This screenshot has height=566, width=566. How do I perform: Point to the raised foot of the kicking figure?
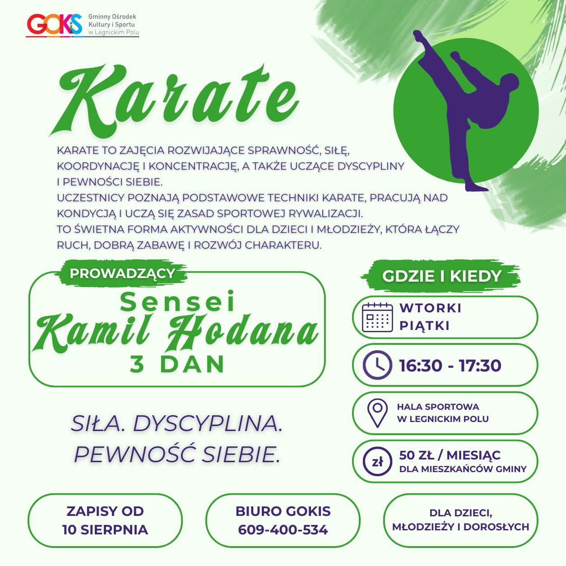[x=418, y=36]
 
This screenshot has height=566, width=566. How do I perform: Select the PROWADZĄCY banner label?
[x=122, y=274]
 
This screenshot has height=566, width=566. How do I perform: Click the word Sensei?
[x=177, y=302]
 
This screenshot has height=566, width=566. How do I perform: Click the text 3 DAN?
[x=177, y=364]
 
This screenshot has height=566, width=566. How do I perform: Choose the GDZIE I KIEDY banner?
[x=441, y=276]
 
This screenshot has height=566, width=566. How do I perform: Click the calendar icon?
[x=377, y=317]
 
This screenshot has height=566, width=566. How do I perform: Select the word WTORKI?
[x=430, y=308]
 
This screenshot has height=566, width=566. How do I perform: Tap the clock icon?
[x=377, y=365]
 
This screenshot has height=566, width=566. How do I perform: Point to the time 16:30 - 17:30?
[x=450, y=366]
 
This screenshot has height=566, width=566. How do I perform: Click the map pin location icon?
[x=377, y=413]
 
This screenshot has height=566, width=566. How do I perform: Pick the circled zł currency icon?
[x=377, y=461]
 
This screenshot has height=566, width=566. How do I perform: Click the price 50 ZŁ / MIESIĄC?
[x=450, y=455]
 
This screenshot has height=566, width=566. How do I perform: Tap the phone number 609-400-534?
[x=283, y=530]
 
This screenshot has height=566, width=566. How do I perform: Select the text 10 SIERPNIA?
[x=105, y=530]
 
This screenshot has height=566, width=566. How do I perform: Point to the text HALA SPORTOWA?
[x=438, y=407]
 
